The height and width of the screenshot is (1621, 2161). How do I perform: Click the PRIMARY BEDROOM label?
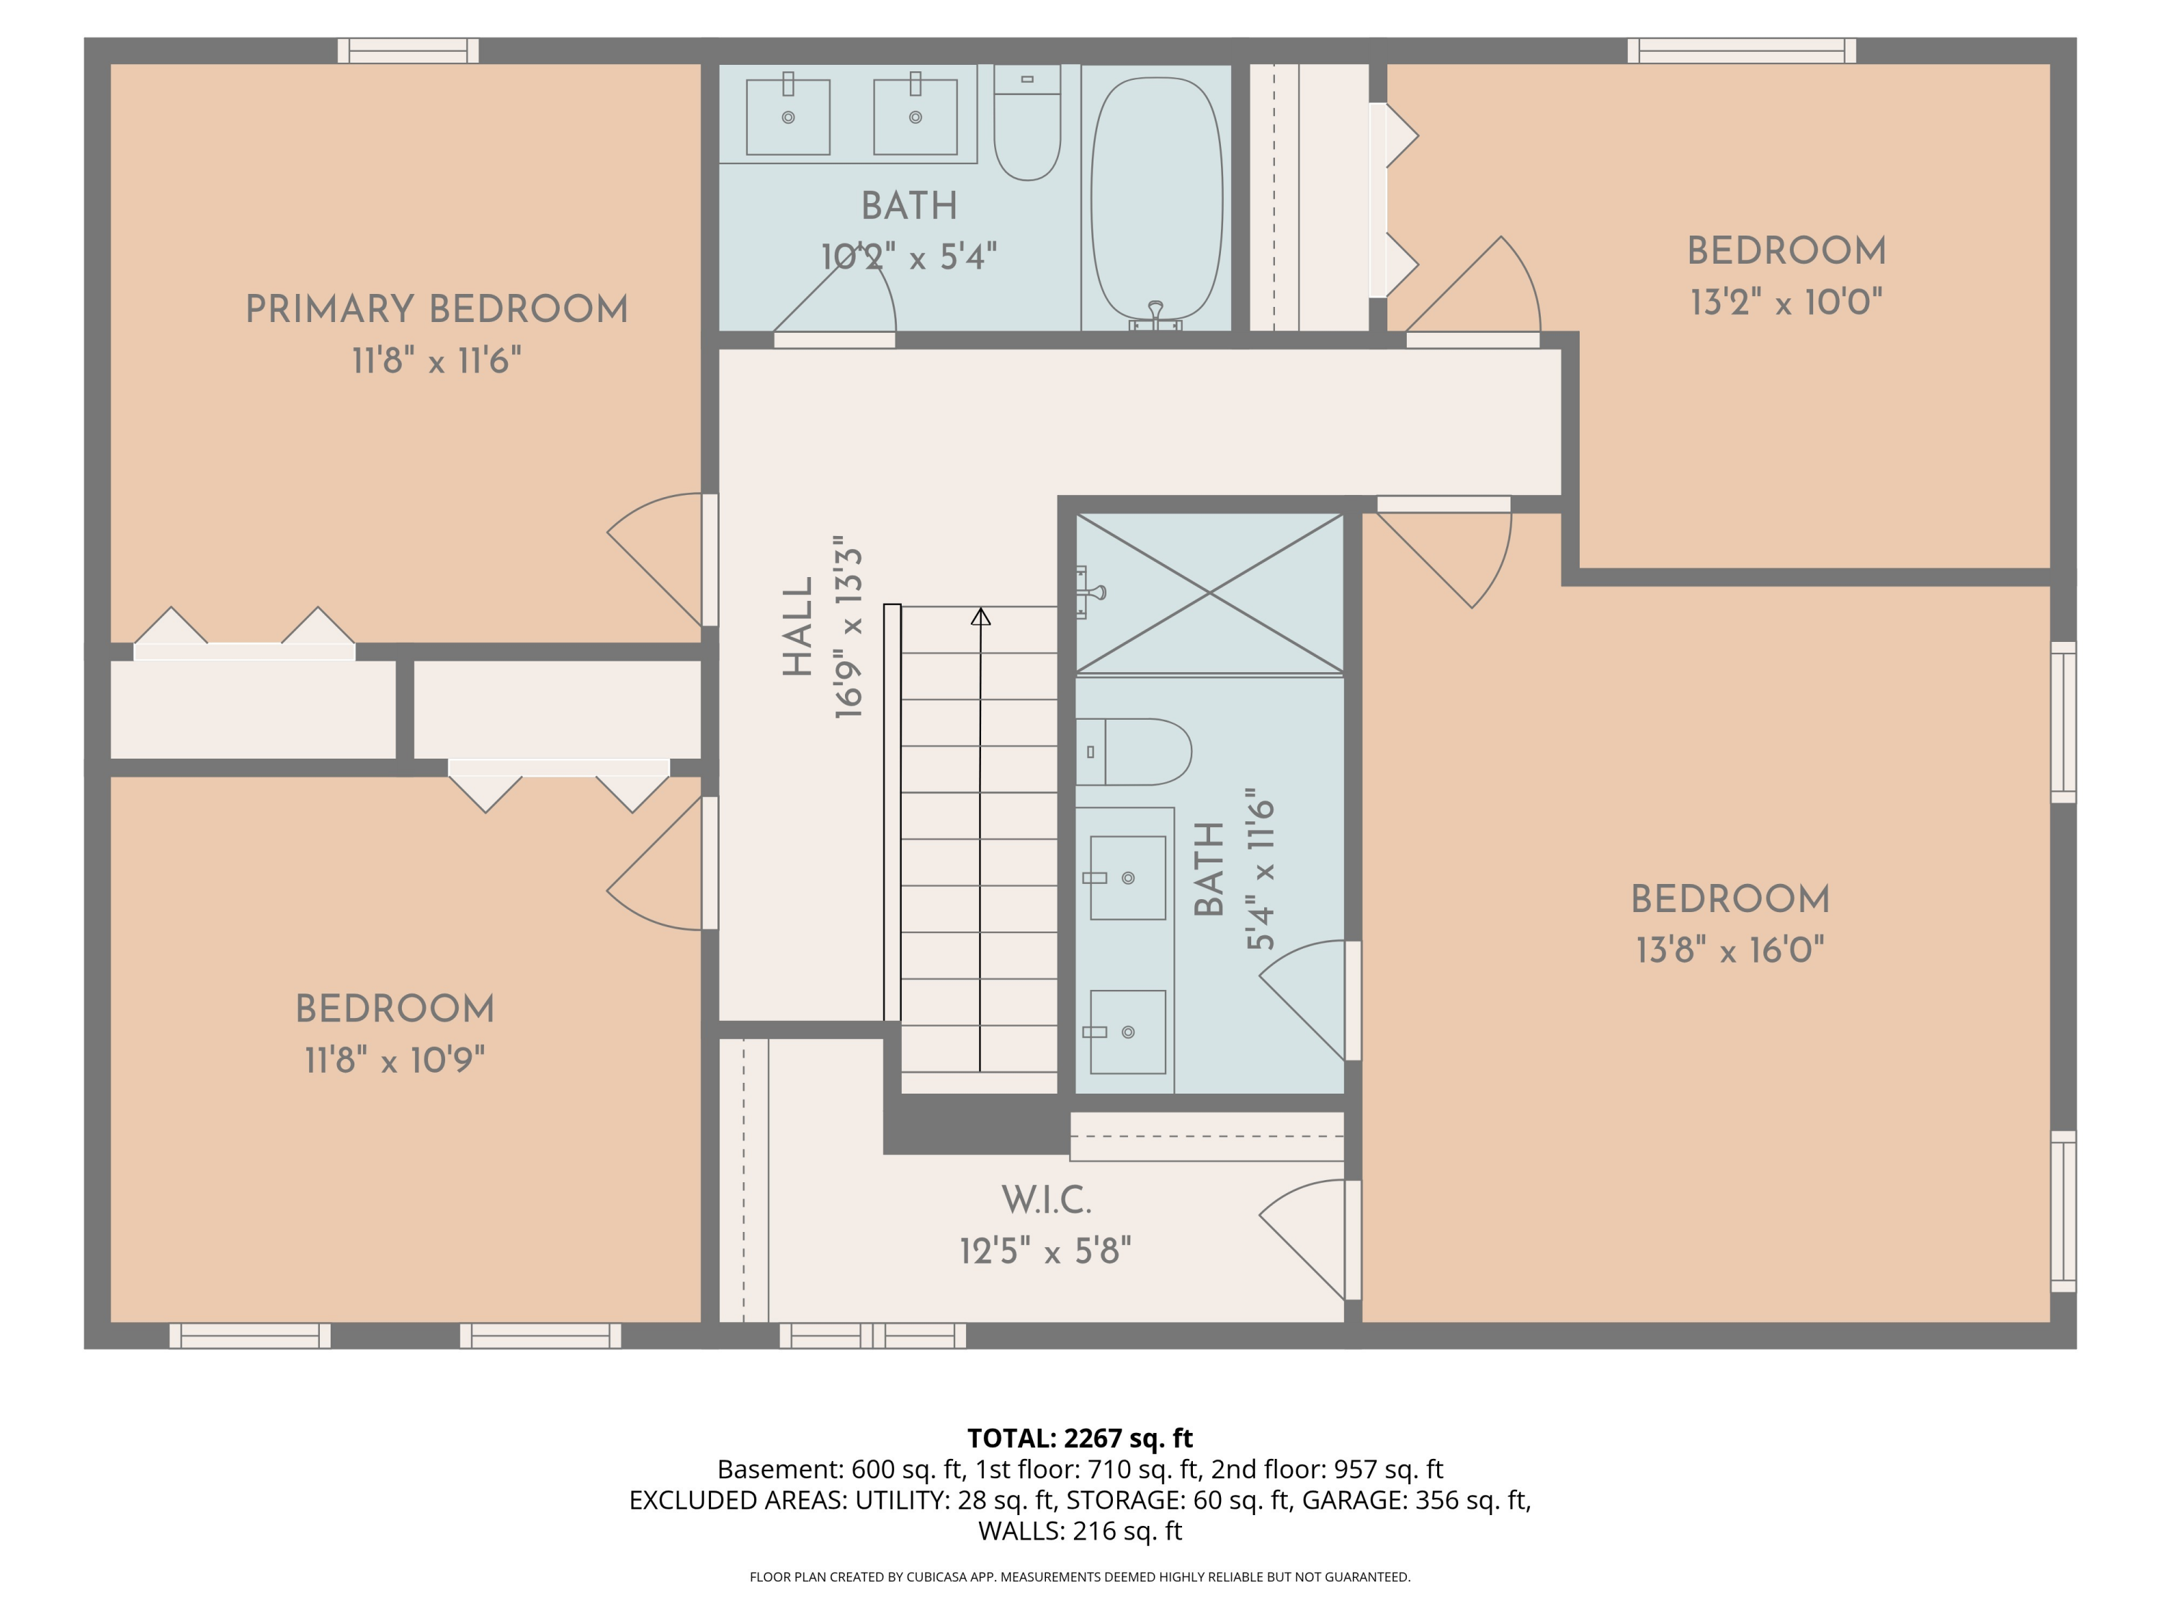[x=436, y=310]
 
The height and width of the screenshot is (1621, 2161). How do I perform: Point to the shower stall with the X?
[x=1209, y=593]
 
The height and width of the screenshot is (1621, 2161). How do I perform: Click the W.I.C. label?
[x=1045, y=1200]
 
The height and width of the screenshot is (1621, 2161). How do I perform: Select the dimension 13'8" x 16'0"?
[x=1730, y=950]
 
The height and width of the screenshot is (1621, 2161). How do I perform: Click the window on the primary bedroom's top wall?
[x=408, y=51]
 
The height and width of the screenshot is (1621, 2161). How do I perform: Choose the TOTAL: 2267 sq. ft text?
[x=1080, y=1438]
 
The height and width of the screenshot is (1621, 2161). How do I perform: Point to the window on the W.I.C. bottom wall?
[x=872, y=1335]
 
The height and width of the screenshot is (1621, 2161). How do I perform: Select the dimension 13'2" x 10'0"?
[x=1786, y=302]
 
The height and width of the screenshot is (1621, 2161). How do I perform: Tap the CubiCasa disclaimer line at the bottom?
[x=1080, y=1576]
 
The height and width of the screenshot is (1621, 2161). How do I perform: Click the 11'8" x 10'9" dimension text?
[x=395, y=1060]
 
